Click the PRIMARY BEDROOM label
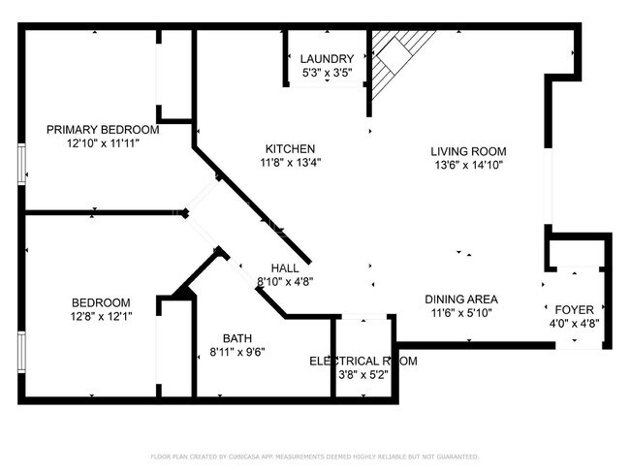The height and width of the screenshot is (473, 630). (103, 130)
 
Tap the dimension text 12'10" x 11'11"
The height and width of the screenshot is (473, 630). (103, 143)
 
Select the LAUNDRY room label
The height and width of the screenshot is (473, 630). (327, 58)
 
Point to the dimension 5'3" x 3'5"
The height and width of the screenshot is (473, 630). (327, 72)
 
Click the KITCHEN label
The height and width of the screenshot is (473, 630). (289, 148)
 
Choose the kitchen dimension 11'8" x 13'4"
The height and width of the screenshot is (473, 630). (289, 163)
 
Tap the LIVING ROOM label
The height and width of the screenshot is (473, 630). (469, 151)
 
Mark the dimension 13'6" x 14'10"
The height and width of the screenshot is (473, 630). (469, 165)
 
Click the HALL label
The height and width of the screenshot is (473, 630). (285, 268)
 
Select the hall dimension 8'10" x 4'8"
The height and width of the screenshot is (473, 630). (285, 282)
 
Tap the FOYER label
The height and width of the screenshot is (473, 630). (575, 310)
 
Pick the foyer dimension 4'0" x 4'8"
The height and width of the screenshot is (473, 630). (575, 324)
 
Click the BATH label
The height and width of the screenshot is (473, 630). (237, 338)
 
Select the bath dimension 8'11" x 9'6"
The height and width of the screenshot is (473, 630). (237, 352)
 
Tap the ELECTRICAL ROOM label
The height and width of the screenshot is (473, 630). (362, 362)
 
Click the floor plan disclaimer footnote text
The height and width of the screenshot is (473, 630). (314, 456)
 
